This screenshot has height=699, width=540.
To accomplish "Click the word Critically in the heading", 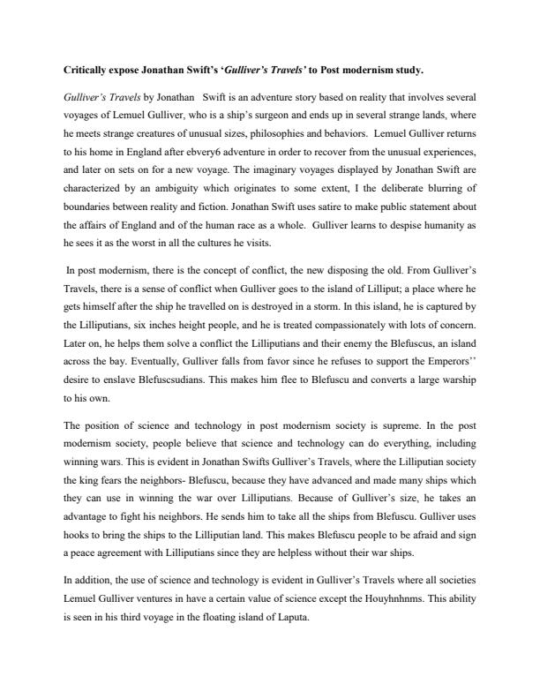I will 86,69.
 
